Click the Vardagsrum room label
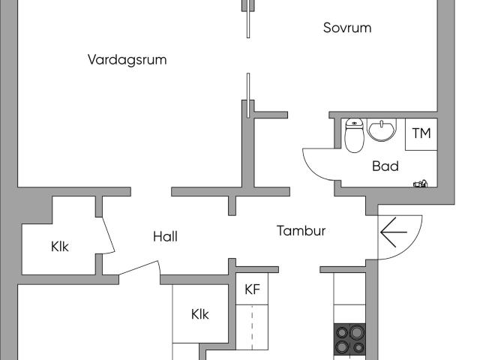[x=127, y=60]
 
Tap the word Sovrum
[x=347, y=28]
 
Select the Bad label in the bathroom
[x=385, y=166]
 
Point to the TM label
[x=421, y=133]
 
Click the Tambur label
[x=301, y=231]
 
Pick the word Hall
[x=165, y=236]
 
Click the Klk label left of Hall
[x=60, y=246]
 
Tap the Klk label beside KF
[x=199, y=314]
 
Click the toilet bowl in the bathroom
[x=353, y=142]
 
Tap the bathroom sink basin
[x=382, y=132]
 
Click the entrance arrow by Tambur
[x=394, y=232]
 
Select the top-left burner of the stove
[x=342, y=331]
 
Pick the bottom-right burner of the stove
[x=356, y=346]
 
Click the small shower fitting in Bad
[x=420, y=182]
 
